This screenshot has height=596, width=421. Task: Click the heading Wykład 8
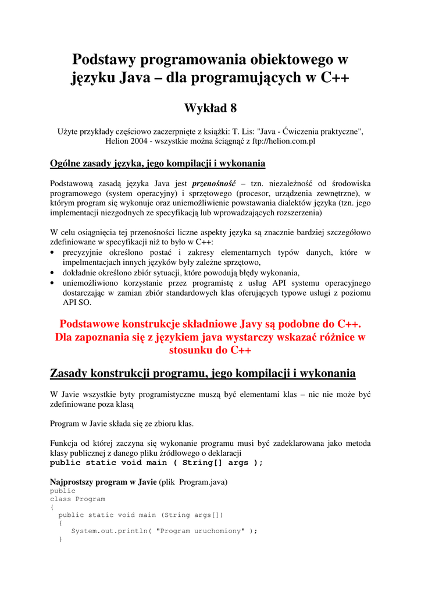210,108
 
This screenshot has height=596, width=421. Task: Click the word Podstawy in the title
104,59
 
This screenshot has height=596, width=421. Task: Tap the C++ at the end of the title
335,77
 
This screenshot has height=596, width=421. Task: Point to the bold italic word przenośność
209,183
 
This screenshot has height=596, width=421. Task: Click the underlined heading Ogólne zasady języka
158,163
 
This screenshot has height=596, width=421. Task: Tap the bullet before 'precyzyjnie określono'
53,253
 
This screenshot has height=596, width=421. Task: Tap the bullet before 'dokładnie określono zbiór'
53,272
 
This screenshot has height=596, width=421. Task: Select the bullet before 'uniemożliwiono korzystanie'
53,283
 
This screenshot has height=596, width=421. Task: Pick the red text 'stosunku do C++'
210,350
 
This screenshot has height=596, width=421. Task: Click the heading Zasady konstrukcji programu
203,373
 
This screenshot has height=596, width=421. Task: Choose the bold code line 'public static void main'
156,463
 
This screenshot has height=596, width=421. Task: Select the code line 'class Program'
77,499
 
